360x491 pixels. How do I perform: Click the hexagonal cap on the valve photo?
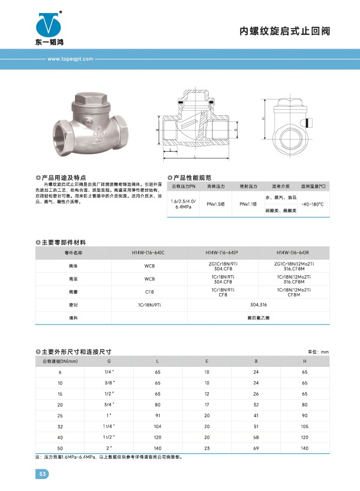pyautogui.click(x=89, y=98)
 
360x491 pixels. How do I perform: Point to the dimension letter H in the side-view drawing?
pyautogui.click(x=263, y=119)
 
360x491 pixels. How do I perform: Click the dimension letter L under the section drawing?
pyautogui.click(x=196, y=156)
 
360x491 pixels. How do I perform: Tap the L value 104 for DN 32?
pyautogui.click(x=158, y=426)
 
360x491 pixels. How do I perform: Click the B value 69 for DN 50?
pyautogui.click(x=256, y=448)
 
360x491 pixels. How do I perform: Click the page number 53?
pyautogui.click(x=42, y=474)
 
